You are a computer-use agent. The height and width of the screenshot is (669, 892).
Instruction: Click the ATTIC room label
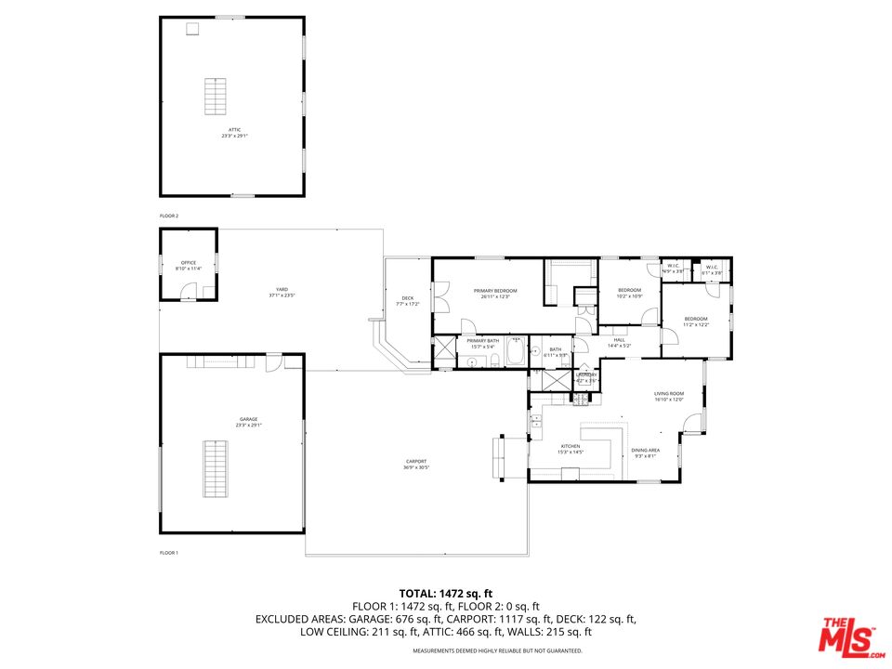pos(234,130)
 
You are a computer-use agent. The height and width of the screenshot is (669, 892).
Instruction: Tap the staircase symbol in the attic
pos(216,97)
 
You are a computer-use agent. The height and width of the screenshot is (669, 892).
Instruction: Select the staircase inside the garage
pos(215,469)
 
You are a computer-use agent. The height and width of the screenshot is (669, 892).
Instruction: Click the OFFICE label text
pos(189,263)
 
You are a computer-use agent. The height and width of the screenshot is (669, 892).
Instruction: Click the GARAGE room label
pos(248,420)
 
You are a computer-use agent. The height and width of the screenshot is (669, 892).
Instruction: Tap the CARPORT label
pos(415,462)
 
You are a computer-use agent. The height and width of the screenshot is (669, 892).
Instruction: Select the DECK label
pos(408,298)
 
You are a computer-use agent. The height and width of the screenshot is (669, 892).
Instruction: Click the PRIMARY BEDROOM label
pos(499,291)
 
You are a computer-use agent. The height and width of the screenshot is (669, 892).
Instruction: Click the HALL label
pos(619,340)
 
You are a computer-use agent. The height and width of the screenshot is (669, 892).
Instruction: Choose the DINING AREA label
pos(646,450)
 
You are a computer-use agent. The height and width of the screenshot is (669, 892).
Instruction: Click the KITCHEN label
pos(570,446)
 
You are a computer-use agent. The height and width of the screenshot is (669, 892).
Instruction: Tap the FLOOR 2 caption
pos(168,216)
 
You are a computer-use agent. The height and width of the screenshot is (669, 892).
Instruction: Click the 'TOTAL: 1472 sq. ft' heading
pos(445,593)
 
